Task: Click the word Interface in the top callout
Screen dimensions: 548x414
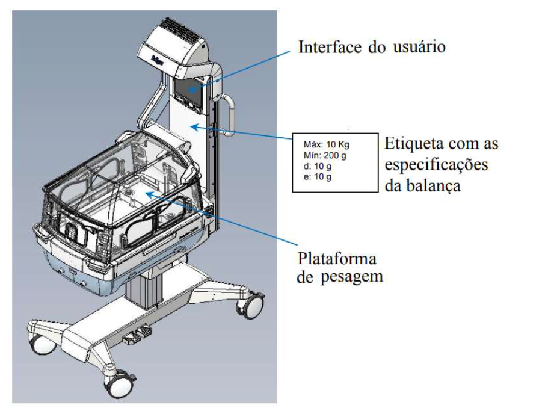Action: [x=330, y=47]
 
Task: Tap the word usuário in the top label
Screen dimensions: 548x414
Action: [x=419, y=47]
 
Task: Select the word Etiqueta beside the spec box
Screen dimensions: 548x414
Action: [x=414, y=143]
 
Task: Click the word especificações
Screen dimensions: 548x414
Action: [x=436, y=165]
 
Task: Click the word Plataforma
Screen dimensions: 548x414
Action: [x=337, y=259]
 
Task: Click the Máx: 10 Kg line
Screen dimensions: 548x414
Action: [x=326, y=144]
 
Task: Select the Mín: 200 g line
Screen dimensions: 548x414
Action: [x=325, y=155]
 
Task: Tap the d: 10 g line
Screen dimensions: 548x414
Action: [x=317, y=166]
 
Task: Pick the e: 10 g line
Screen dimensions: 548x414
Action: [x=317, y=176]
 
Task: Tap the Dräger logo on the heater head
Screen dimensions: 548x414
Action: [x=158, y=59]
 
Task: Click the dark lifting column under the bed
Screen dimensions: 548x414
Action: [x=144, y=291]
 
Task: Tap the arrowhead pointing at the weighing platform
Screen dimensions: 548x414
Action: [x=149, y=193]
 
